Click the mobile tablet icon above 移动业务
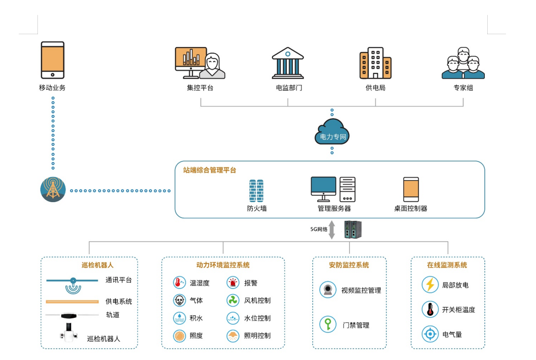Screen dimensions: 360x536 pos(52,60)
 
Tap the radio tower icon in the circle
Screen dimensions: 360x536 pos(53,190)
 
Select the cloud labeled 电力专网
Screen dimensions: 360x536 pos(332,132)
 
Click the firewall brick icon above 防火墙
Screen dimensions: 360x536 pos(256,191)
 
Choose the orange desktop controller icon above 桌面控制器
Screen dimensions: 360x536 pos(411,190)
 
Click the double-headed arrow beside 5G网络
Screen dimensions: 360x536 pos(332,230)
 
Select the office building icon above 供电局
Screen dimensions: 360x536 pos(375,63)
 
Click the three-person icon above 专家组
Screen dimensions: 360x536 pos(463,63)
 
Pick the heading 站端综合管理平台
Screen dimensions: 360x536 pos(209,170)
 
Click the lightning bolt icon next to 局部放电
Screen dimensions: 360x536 pos(430,285)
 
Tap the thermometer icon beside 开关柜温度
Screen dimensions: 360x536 pos(430,310)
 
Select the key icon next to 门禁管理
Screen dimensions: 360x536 pos(328,325)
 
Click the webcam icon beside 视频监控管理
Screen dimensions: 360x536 pos(328,290)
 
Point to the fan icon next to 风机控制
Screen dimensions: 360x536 pos(233,300)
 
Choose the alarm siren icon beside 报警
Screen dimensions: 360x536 pos(233,283)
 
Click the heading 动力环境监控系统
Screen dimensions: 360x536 pos(223,265)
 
